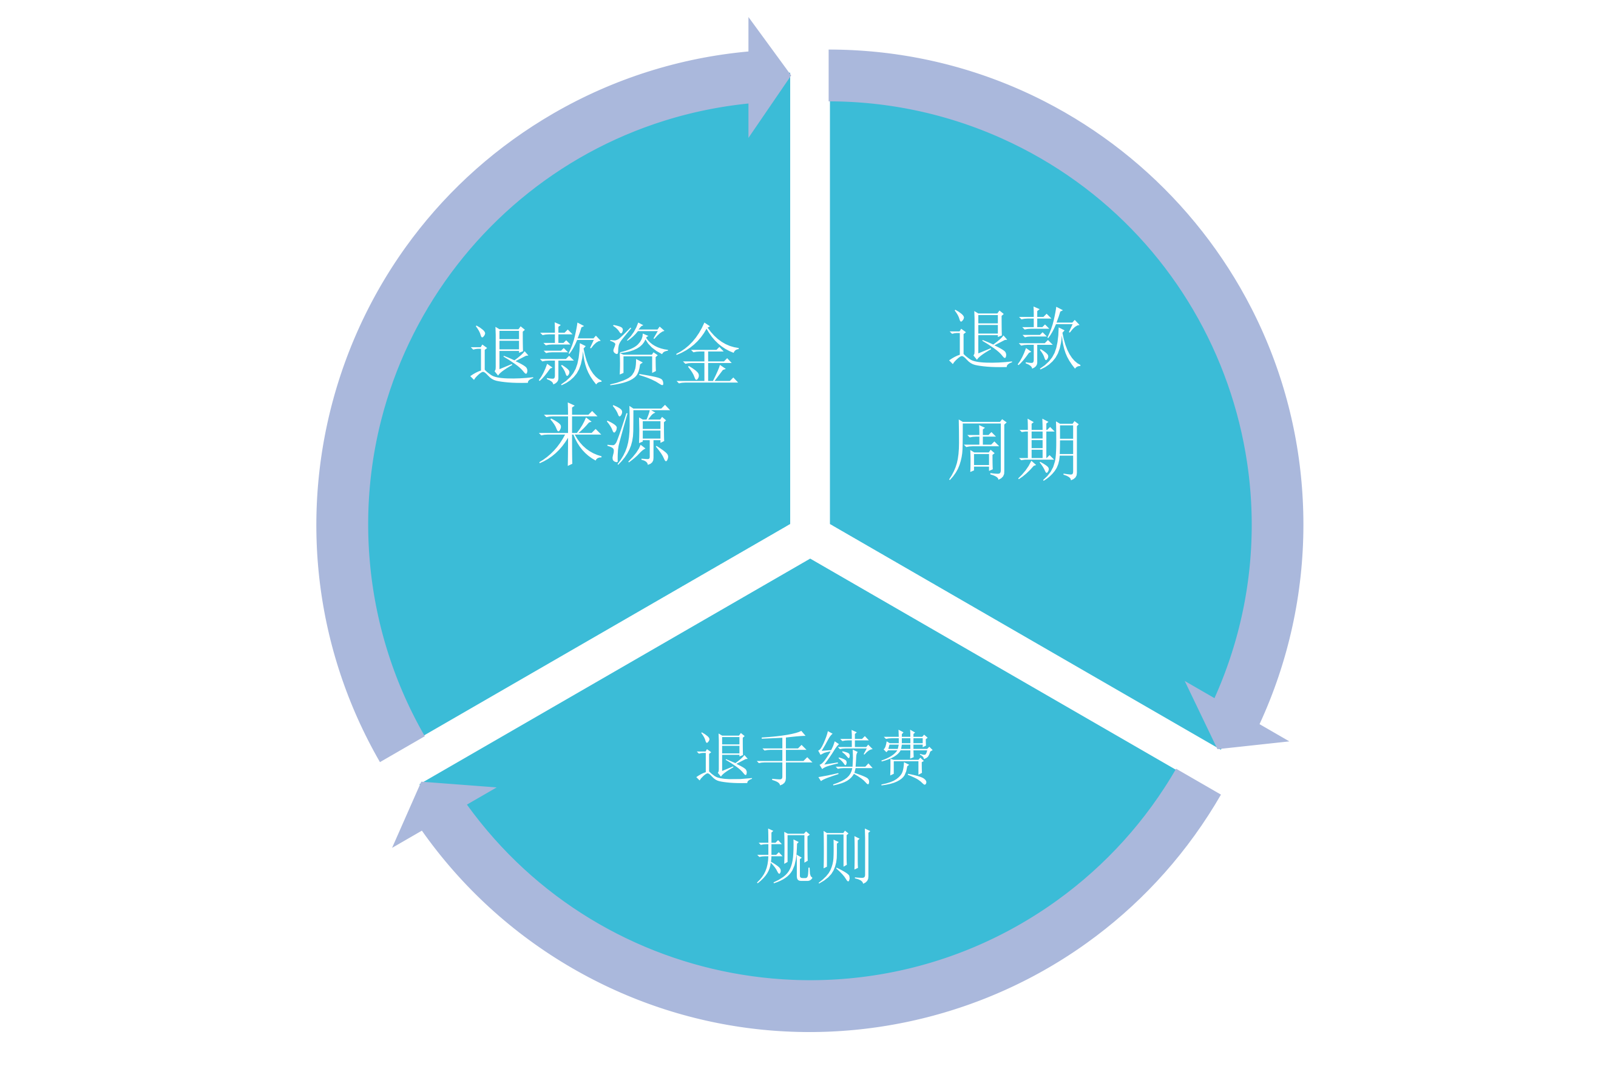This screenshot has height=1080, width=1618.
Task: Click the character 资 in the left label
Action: pos(638,353)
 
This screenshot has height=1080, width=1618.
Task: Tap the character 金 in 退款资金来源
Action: pos(707,353)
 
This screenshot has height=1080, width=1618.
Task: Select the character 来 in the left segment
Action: pos(570,434)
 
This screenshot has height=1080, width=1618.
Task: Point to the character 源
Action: pos(638,434)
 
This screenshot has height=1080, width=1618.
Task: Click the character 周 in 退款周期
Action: pos(978,449)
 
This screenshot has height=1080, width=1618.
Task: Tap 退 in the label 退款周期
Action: pos(980,338)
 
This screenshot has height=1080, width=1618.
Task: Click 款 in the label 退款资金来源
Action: pos(570,353)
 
